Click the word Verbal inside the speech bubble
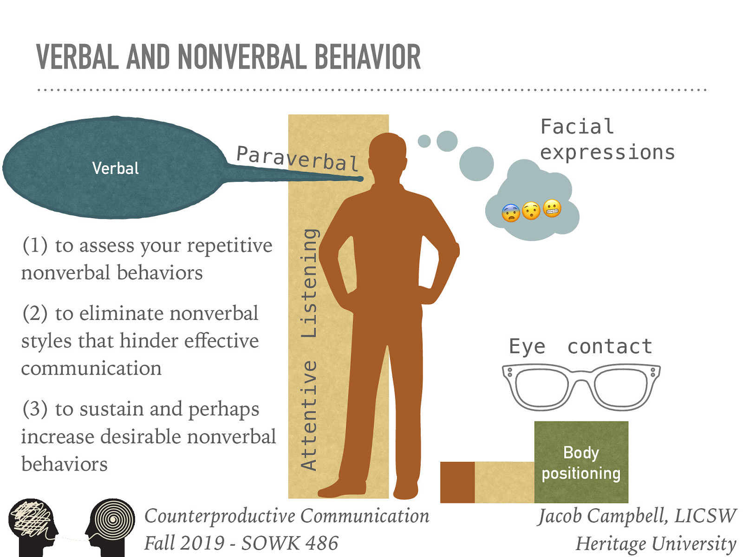click(x=115, y=168)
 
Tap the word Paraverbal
click(x=297, y=158)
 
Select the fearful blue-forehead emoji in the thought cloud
click(x=511, y=213)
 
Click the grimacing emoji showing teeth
click(x=552, y=209)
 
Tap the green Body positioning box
click(x=581, y=462)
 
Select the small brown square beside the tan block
click(x=457, y=482)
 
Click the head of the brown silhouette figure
click(x=388, y=153)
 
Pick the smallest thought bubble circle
click(x=424, y=141)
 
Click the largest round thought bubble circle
click(x=476, y=163)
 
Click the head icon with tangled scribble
click(x=33, y=522)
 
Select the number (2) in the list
click(x=35, y=313)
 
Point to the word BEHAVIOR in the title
click(x=367, y=58)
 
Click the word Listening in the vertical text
click(x=309, y=283)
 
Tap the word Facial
click(x=577, y=126)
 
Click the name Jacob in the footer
click(x=561, y=516)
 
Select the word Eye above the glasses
click(x=527, y=347)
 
